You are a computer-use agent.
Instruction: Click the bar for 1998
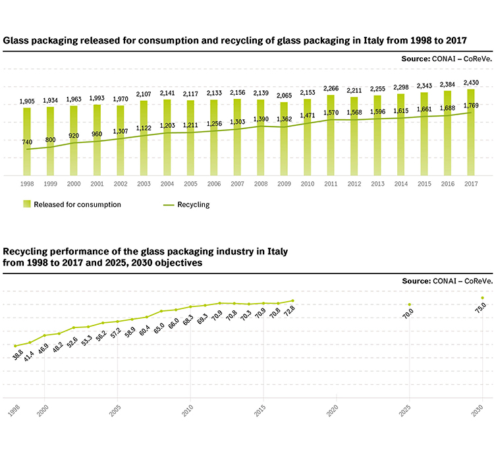[x=27, y=142]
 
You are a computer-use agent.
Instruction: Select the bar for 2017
[x=471, y=132]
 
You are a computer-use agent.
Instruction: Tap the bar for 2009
[x=284, y=138]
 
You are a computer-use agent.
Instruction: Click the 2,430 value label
[x=471, y=83]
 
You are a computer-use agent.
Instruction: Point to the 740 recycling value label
[x=27, y=142]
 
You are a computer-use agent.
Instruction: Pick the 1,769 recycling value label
[x=471, y=105]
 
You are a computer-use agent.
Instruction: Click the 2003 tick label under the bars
[x=144, y=184]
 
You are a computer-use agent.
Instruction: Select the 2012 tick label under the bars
[x=354, y=184]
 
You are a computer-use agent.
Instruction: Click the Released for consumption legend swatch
[x=27, y=204]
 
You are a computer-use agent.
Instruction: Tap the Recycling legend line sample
[x=169, y=205]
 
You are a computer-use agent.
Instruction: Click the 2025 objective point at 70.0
[x=410, y=304]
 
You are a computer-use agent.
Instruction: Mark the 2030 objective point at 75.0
[x=482, y=298]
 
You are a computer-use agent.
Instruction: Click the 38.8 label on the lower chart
[x=18, y=355]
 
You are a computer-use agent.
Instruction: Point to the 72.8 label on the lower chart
[x=289, y=311]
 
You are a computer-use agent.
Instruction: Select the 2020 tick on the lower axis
[x=333, y=410]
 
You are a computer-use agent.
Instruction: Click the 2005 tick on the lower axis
[x=115, y=410]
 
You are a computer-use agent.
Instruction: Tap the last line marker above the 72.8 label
[x=292, y=300]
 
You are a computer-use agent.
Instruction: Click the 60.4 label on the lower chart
[x=144, y=331]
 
